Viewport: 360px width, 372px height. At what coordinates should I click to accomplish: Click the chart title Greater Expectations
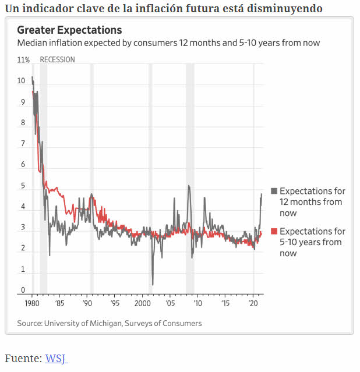tap(69, 30)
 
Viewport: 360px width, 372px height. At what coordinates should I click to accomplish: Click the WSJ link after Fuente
tap(56, 359)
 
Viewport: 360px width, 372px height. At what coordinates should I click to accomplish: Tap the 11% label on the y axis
tap(24, 60)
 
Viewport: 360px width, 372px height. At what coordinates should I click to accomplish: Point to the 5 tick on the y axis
tap(23, 186)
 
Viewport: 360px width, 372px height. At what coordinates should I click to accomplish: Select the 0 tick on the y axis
tap(23, 290)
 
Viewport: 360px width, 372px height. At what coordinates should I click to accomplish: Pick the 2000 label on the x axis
tap(142, 304)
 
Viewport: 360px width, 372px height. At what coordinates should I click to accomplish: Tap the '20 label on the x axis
tap(253, 304)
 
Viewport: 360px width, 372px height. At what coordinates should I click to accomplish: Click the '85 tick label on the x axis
tap(59, 304)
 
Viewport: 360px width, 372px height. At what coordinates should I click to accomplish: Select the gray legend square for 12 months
tap(274, 191)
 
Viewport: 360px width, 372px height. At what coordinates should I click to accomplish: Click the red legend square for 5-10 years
tap(274, 231)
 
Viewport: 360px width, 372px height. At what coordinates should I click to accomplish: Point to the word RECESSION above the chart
tap(57, 60)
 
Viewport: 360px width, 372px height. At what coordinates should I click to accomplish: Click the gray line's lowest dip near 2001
tap(153, 285)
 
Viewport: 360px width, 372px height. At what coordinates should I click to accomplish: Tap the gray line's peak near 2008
tap(189, 186)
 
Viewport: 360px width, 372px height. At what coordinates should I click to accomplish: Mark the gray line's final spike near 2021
tap(262, 194)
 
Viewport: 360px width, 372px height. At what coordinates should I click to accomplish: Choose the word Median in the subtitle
tap(32, 43)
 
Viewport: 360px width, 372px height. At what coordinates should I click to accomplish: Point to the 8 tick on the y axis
tap(23, 123)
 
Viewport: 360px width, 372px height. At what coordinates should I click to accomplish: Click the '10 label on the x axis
tap(198, 304)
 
